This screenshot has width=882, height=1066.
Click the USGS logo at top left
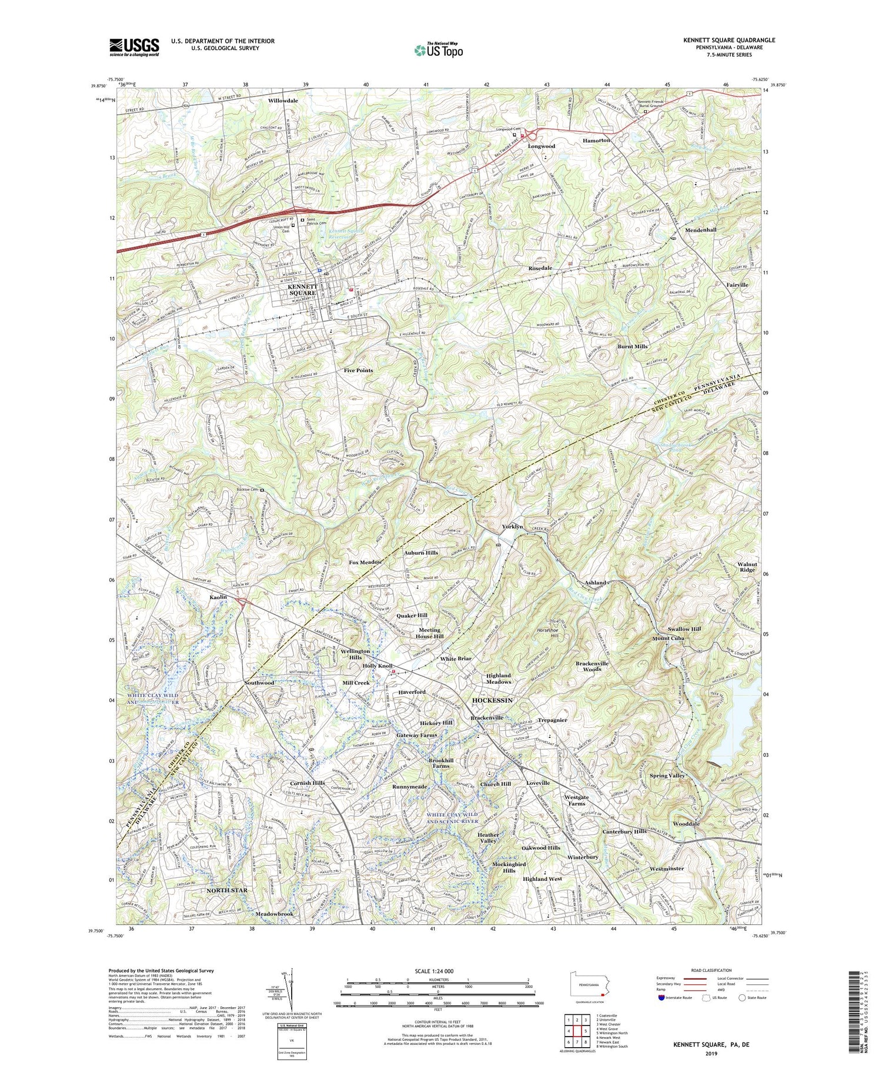134,47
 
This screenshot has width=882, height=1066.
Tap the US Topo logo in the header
438,51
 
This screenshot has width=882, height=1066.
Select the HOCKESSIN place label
493,700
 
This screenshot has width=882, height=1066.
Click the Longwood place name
542,146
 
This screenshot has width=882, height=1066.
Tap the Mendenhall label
697,230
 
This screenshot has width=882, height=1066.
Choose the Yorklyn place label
512,527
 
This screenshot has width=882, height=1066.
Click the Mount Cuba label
668,638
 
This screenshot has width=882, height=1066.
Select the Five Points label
358,371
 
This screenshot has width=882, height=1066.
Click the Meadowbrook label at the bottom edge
274,915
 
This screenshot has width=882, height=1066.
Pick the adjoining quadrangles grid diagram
576,1025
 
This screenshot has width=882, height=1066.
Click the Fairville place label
737,285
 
